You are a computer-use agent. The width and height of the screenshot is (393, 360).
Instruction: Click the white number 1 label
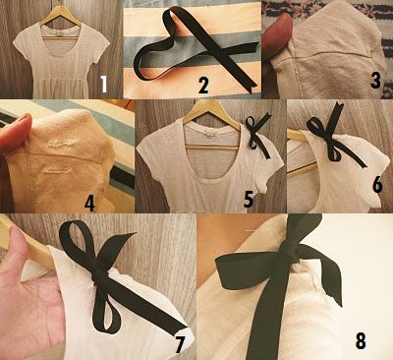click(x=104, y=84)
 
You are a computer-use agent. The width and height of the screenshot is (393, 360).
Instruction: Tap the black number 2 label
click(x=203, y=85)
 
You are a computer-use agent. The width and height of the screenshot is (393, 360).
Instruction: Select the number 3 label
click(x=375, y=80)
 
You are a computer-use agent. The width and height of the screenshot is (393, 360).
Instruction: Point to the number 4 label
click(x=89, y=204)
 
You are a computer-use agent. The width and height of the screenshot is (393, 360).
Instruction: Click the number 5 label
click(x=249, y=199)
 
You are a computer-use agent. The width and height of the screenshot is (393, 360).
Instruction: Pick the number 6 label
click(x=377, y=185)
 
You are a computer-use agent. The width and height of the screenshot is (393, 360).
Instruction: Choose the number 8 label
click(x=361, y=340)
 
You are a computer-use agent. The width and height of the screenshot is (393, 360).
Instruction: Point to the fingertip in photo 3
click(x=277, y=32)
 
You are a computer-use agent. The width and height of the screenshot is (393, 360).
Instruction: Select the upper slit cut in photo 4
click(x=61, y=144)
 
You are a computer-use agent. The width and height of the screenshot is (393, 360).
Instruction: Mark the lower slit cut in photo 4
click(x=58, y=170)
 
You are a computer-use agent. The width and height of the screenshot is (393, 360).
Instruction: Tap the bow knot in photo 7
click(x=98, y=276)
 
